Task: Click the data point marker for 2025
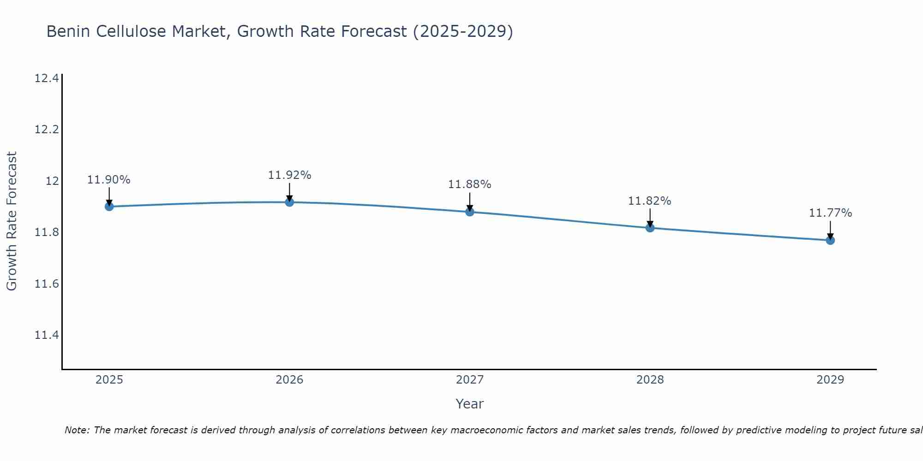[x=109, y=207]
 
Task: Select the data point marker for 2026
[x=289, y=202]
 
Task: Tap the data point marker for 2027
[x=470, y=212]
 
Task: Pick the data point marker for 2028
[x=650, y=228]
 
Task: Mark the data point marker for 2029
[x=830, y=240]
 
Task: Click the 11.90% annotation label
[x=109, y=180]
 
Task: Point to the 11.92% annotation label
[x=289, y=175]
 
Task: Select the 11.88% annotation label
[x=470, y=184]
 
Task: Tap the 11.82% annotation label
[x=650, y=201]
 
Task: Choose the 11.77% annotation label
[x=830, y=213]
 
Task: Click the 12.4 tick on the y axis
[x=47, y=78]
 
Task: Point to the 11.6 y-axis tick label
[x=47, y=284]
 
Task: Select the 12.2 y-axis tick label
[x=47, y=130]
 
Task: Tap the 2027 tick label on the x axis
[x=470, y=380]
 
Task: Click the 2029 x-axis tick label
[x=830, y=380]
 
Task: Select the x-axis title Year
[x=470, y=404]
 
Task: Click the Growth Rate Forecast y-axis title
[x=12, y=221]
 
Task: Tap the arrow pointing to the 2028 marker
[x=650, y=218]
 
